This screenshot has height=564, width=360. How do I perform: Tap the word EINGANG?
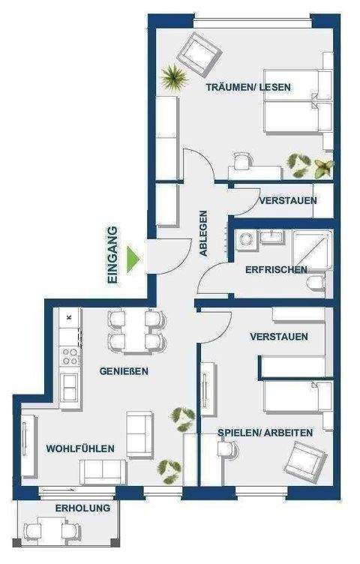tap(113, 254)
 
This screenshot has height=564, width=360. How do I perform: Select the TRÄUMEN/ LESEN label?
tap(249, 88)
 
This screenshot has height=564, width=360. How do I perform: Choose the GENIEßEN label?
tap(124, 371)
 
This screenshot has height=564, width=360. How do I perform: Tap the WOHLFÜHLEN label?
tap(80, 448)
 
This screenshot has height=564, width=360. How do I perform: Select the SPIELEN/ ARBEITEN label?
tap(265, 433)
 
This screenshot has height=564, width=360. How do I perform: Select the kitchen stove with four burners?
tap(70, 352)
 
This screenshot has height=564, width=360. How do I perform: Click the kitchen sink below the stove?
tap(70, 387)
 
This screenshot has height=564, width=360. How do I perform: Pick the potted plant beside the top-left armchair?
tap(173, 77)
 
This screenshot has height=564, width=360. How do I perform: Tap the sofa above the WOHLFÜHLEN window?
tap(103, 472)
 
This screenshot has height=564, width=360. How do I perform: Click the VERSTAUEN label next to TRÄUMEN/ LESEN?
tap(287, 201)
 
